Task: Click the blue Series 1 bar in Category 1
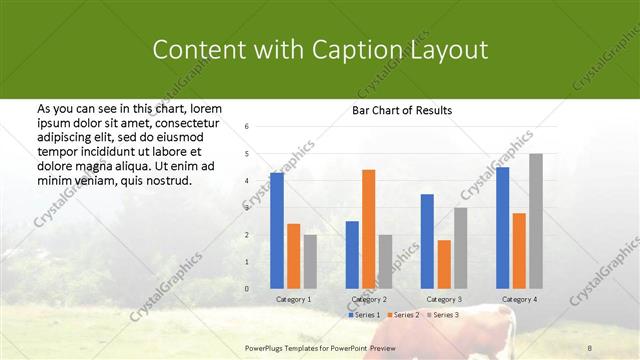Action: click(277, 231)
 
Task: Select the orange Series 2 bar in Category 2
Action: click(368, 229)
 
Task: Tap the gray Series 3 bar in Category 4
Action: click(536, 221)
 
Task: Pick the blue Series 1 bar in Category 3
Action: click(427, 241)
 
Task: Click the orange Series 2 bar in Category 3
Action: click(444, 264)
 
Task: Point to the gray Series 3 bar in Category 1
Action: click(310, 262)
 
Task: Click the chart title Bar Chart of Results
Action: click(401, 110)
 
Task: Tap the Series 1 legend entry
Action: click(363, 315)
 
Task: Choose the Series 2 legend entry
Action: click(403, 315)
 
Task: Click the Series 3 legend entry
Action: click(442, 315)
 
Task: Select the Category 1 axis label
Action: click(293, 299)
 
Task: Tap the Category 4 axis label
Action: click(518, 299)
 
